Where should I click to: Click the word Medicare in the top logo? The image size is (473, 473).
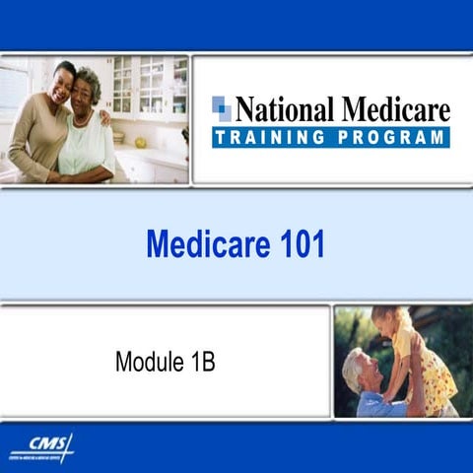click(x=392, y=109)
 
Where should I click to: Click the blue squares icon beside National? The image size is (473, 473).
click(x=222, y=108)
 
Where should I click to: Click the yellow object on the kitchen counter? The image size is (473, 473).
click(x=141, y=143)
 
